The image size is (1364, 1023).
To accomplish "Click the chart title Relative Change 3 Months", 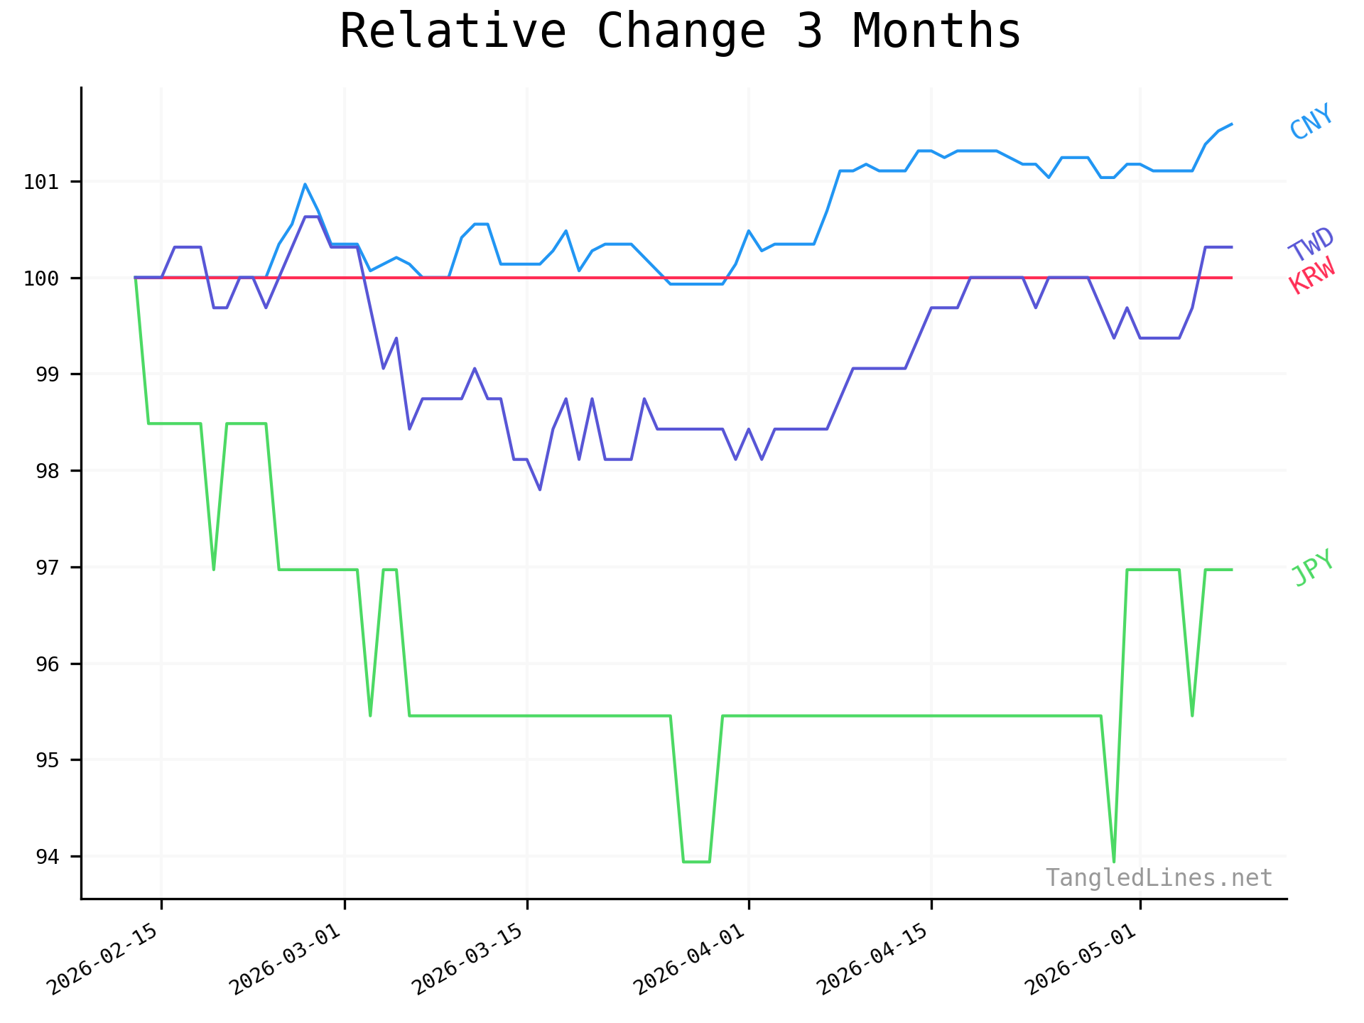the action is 680,32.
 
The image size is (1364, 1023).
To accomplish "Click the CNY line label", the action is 1311,121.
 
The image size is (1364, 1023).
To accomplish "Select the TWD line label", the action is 1311,244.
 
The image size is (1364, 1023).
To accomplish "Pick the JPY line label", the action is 1312,568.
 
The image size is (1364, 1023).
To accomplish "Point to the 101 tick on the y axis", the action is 40,182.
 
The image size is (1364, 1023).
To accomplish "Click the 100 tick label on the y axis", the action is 40,278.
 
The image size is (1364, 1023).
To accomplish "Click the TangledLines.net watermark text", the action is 1159,878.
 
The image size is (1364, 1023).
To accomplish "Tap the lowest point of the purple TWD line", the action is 540,489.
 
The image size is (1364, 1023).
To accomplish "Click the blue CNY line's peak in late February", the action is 305,185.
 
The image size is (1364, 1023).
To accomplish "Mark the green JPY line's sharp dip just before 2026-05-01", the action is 1113,862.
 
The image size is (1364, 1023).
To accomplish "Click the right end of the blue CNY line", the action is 1231,124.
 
